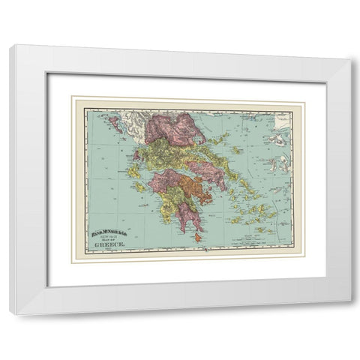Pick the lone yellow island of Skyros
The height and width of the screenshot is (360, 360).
click(236, 150)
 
